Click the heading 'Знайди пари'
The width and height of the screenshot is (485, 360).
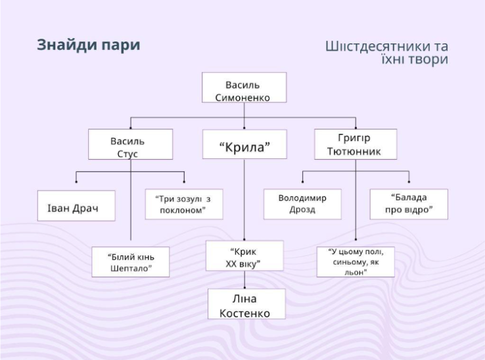tap(88, 45)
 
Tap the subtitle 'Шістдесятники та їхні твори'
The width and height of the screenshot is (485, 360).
tap(386, 53)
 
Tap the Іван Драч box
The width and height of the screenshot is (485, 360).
tap(76, 206)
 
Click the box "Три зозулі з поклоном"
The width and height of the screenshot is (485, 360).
tap(184, 205)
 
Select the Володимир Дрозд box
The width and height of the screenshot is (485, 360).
tap(302, 204)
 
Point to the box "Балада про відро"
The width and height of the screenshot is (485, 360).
tap(409, 204)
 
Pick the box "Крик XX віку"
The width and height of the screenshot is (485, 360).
tap(244, 256)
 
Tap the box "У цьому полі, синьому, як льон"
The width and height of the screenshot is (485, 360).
tap(356, 262)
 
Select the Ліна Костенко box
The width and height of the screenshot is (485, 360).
tap(244, 304)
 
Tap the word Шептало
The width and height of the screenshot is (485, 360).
tap(131, 268)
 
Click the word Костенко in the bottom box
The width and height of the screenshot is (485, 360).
tap(244, 311)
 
